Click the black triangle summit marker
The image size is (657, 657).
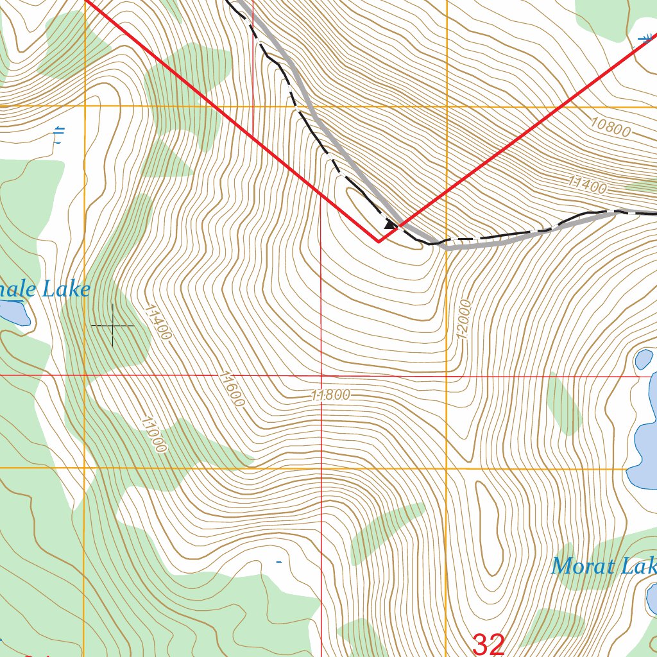389,225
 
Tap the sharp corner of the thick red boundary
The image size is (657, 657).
379,242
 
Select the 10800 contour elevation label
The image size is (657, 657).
610,128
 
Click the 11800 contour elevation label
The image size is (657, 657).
331,395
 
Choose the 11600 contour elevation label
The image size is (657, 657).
232,388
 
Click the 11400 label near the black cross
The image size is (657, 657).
158,321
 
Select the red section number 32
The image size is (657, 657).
488,644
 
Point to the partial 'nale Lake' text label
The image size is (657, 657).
45,290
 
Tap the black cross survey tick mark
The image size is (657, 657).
113,326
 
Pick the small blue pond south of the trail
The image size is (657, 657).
644,359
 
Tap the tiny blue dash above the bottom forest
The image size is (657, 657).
278,563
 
